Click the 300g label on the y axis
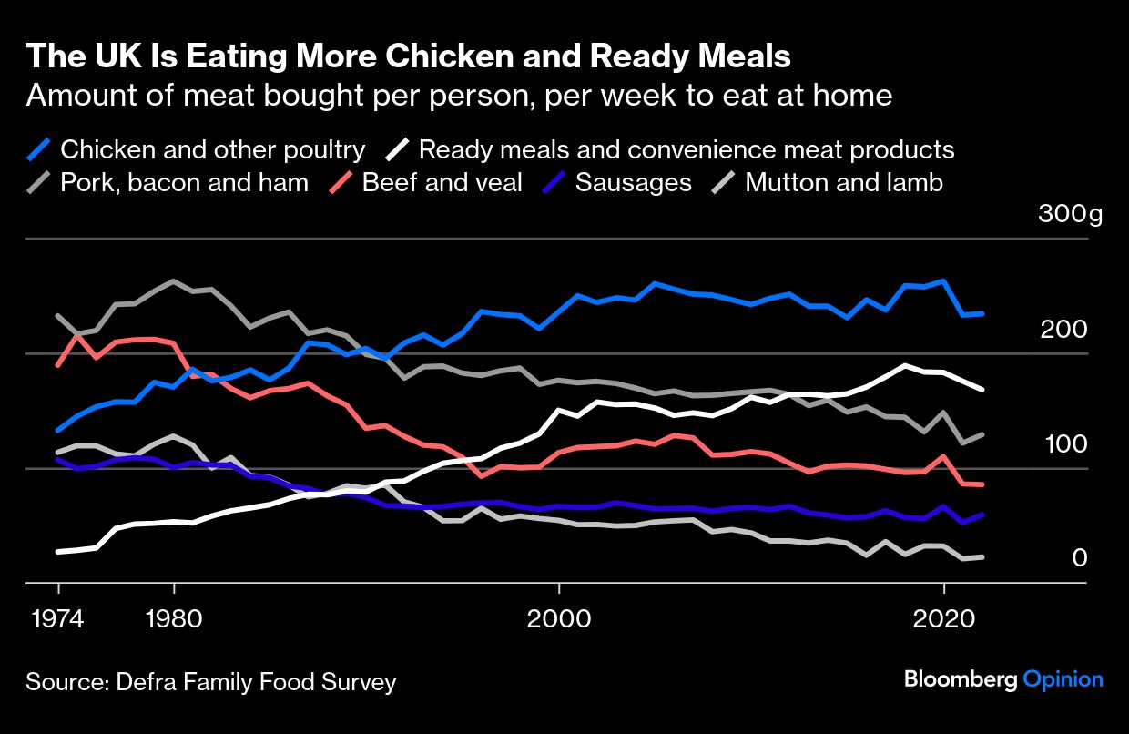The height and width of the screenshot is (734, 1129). click(x=1069, y=215)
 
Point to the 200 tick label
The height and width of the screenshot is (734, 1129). click(x=1063, y=329)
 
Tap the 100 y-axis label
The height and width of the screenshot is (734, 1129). click(x=1063, y=444)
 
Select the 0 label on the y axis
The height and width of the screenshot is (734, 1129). click(x=1080, y=557)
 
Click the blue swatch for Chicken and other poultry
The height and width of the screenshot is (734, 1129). click(x=39, y=149)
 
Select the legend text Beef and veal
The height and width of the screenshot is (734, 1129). click(x=442, y=183)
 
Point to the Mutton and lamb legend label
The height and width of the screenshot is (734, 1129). click(x=843, y=183)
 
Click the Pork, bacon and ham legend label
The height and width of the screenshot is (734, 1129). click(x=184, y=183)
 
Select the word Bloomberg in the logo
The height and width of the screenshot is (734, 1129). click(x=960, y=679)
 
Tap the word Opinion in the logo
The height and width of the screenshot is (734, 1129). click(x=1063, y=679)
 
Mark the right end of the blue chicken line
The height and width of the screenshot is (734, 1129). click(x=982, y=313)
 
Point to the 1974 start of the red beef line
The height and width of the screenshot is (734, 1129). click(x=58, y=365)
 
